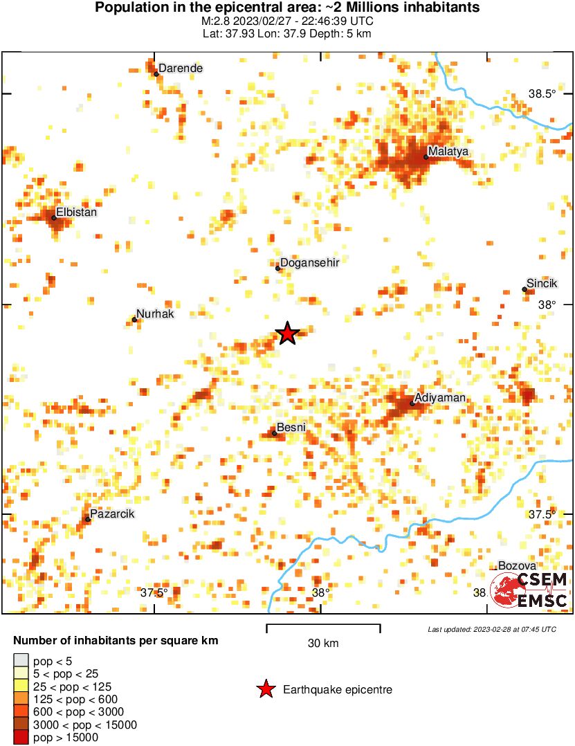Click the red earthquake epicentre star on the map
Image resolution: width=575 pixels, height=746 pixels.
tap(287, 334)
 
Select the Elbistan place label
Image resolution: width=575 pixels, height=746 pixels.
tap(76, 212)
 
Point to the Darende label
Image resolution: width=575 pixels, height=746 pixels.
tap(181, 69)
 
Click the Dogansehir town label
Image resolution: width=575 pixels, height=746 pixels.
tap(309, 262)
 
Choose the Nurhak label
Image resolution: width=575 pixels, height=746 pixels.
tap(155, 313)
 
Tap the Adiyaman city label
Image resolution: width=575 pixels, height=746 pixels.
tap(439, 398)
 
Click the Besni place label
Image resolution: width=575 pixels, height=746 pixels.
tap(291, 427)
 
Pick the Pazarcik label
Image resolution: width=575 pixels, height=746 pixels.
tap(112, 513)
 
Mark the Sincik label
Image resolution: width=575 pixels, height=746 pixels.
tap(542, 283)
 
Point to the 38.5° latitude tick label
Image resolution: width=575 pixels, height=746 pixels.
tap(542, 93)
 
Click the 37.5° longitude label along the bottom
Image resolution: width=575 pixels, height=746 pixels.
tap(154, 592)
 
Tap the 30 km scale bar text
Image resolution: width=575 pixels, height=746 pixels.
tap(323, 644)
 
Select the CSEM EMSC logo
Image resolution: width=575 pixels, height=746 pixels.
tap(529, 590)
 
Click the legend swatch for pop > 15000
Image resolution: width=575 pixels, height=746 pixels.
tap(21, 738)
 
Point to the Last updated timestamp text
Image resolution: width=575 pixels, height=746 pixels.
tap(491, 629)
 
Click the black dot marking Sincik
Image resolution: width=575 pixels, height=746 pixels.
tap(524, 289)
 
